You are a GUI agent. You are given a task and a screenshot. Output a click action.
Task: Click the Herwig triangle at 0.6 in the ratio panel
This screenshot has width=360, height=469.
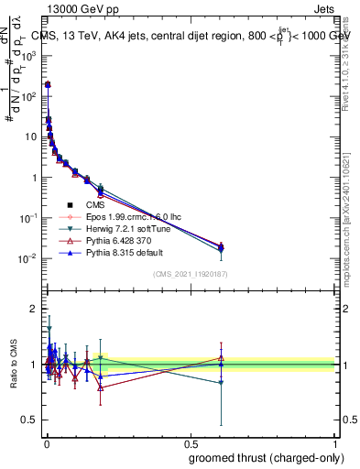coord(221,383)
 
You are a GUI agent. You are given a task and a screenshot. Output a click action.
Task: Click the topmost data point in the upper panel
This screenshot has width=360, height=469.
coord(48,84)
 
